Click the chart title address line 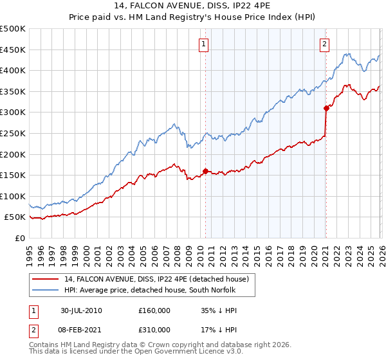[193, 6]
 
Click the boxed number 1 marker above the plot [204, 44]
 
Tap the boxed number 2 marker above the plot [324, 44]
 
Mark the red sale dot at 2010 [205, 171]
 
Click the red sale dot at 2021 [326, 109]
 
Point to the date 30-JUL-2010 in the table [81, 310]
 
